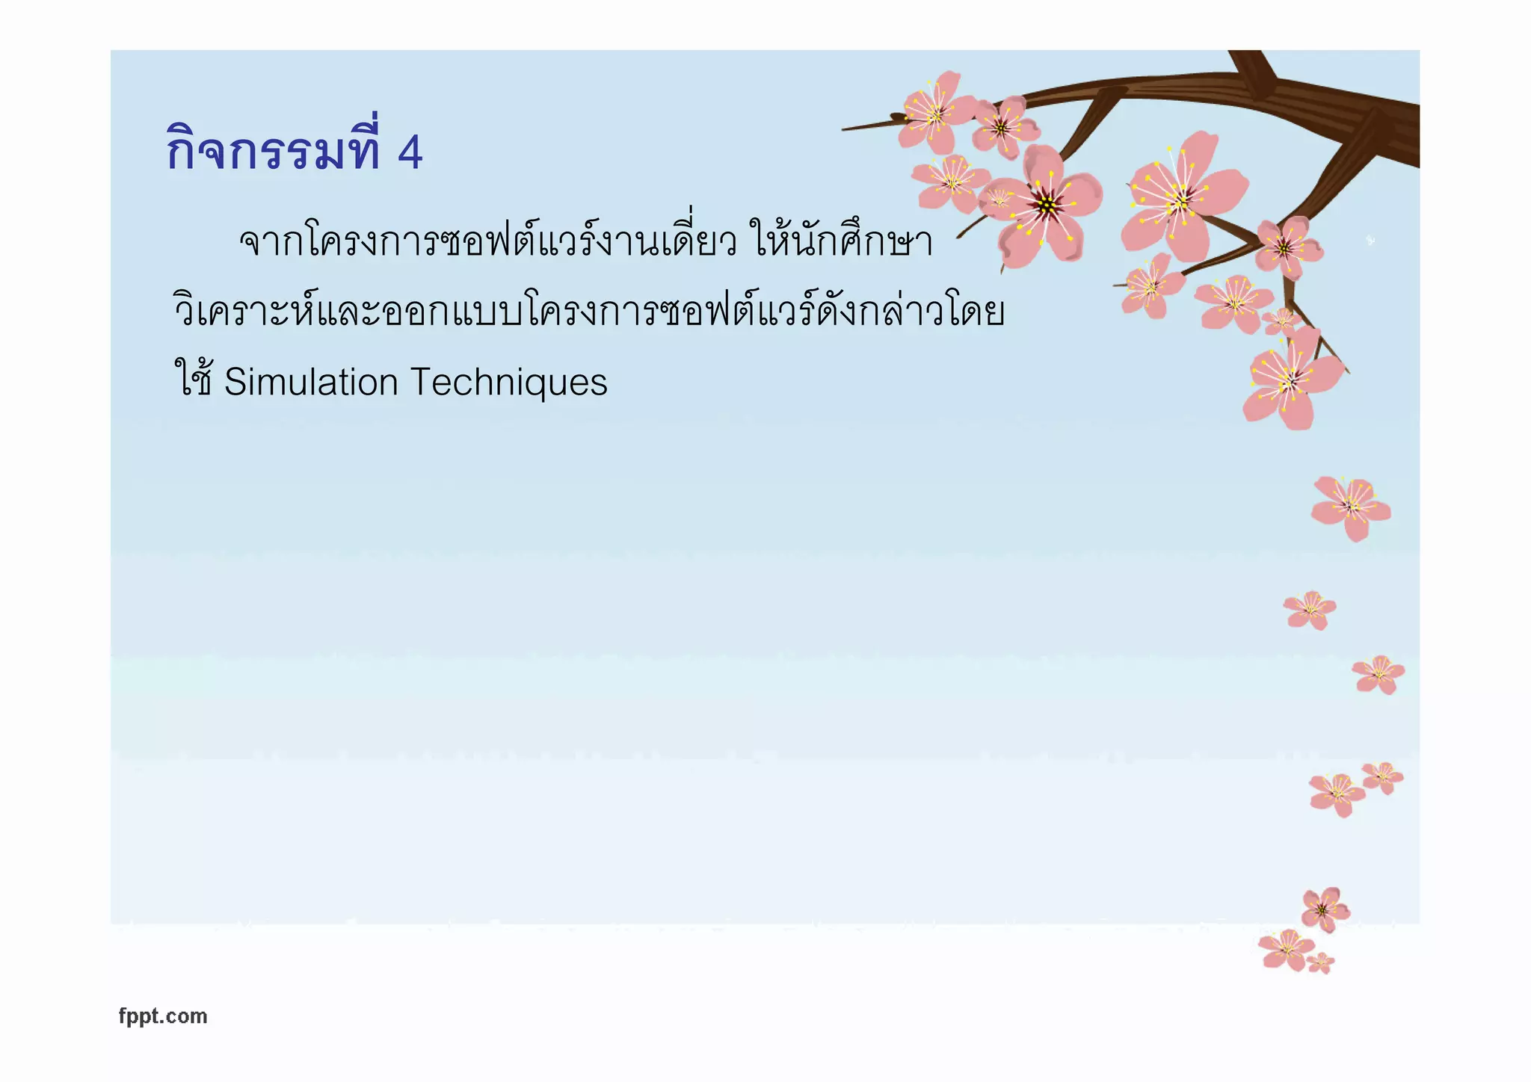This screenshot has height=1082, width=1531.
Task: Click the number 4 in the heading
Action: click(x=410, y=152)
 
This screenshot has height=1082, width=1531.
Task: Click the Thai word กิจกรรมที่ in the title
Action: click(x=274, y=149)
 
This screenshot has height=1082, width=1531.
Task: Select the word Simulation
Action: click(x=311, y=382)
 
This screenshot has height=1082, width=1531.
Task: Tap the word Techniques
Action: click(x=509, y=382)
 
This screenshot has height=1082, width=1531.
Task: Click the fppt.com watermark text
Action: click(x=163, y=1016)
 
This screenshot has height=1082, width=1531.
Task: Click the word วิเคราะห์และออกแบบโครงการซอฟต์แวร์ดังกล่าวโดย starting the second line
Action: click(x=588, y=312)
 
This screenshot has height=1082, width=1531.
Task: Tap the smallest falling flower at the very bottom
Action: click(x=1321, y=962)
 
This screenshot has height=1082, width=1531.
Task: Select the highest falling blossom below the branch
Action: click(x=1350, y=507)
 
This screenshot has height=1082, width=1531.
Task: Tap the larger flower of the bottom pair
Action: click(x=1286, y=949)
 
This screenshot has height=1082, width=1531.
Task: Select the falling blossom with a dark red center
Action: click(x=1324, y=909)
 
